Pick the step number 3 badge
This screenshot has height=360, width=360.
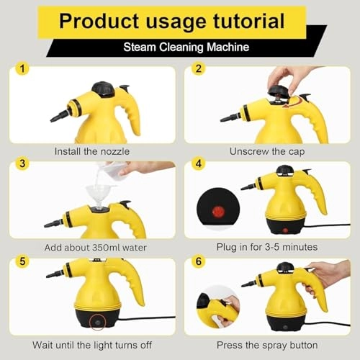(x=23, y=164)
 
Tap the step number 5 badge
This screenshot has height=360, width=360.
(x=23, y=260)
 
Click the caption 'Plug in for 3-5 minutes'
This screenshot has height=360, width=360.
(x=266, y=247)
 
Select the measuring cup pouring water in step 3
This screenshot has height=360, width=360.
(x=114, y=171)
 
